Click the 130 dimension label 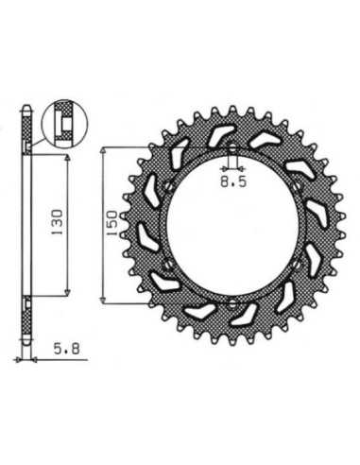click(58, 222)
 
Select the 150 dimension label click(112, 223)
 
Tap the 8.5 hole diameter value click(233, 182)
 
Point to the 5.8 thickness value click(66, 349)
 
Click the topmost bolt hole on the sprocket click(232, 149)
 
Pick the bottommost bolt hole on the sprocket click(232, 304)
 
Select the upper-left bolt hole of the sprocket click(167, 187)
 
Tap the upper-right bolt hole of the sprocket click(296, 188)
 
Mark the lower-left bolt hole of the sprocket click(166, 266)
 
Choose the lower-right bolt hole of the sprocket click(296, 266)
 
